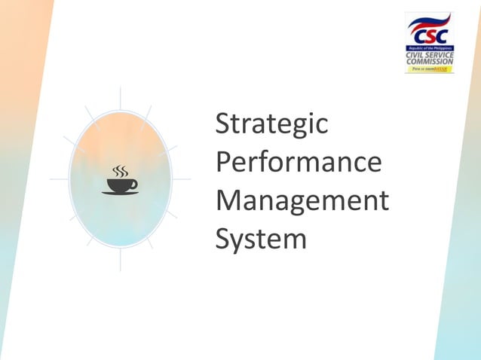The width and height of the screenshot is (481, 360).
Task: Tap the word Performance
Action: pos(298,163)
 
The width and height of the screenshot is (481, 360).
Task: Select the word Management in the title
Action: pos(302,201)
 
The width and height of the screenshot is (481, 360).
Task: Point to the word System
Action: pos(261,240)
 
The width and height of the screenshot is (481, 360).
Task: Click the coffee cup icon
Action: pos(121,182)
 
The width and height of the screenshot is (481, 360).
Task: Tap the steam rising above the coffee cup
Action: pos(119,171)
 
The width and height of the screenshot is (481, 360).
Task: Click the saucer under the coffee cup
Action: pos(120,193)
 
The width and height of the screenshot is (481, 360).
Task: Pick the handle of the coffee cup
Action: pos(134,183)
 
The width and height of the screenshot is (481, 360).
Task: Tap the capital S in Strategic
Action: pos(222,125)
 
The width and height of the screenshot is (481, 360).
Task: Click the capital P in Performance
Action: pos(223,163)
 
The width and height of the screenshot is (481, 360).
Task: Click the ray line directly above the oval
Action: pos(121,97)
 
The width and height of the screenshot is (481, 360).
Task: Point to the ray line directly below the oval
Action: pos(121,261)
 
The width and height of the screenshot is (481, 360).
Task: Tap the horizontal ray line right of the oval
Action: pos(181,179)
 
